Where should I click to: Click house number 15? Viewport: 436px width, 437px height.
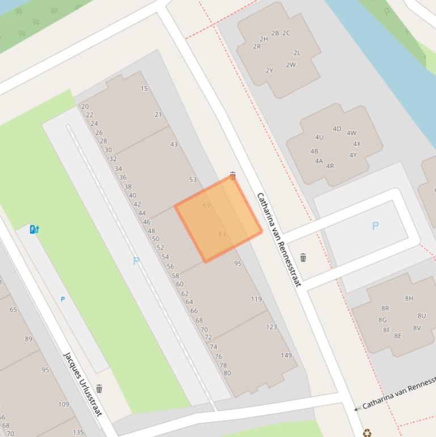click(x=144, y=89)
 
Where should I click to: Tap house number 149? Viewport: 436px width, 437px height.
click(x=286, y=356)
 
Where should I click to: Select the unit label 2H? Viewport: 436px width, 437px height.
click(x=264, y=39)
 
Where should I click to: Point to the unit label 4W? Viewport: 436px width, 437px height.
click(x=352, y=133)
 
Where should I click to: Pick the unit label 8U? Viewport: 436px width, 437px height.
click(x=422, y=316)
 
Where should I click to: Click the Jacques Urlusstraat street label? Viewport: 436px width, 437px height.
click(x=83, y=383)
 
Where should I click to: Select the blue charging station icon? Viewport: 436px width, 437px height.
click(x=35, y=229)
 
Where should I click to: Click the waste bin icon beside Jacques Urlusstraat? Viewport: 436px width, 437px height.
click(x=99, y=389)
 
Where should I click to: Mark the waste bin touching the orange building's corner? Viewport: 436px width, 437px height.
click(x=232, y=176)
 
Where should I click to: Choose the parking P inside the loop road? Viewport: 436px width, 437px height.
click(x=375, y=226)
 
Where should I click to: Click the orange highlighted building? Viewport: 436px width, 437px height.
click(x=218, y=218)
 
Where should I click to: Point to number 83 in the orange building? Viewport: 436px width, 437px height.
click(x=222, y=234)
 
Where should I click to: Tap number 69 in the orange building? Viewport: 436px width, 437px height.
click(x=206, y=205)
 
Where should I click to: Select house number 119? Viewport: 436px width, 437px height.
click(x=256, y=299)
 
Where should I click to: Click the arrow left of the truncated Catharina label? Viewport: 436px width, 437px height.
click(x=357, y=408)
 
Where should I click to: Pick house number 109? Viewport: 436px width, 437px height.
click(x=64, y=405)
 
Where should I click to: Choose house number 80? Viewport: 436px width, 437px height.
click(x=227, y=373)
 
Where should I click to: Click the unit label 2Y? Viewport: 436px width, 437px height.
click(x=269, y=71)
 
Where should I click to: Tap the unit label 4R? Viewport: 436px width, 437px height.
click(x=330, y=166)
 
